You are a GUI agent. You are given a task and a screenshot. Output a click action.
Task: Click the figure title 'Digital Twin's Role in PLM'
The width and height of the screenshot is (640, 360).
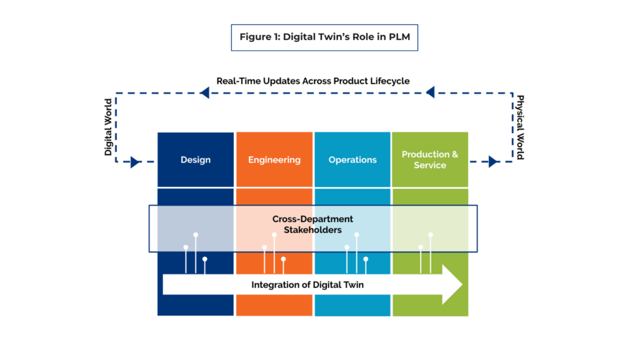pyautogui.click(x=324, y=37)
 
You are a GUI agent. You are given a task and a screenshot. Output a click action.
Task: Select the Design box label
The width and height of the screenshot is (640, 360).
pyautogui.click(x=196, y=160)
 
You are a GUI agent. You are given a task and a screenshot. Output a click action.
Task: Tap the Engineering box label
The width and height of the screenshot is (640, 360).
pyautogui.click(x=274, y=160)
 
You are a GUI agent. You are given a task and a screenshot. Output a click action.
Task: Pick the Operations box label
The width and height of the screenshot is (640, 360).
pyautogui.click(x=352, y=160)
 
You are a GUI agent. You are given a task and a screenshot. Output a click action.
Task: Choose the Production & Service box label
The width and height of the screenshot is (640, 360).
pyautogui.click(x=430, y=159)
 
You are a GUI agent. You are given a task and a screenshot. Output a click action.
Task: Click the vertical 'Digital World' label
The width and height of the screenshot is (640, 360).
pyautogui.click(x=108, y=127)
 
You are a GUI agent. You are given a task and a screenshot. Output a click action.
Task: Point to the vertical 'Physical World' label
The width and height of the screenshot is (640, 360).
pyautogui.click(x=519, y=127)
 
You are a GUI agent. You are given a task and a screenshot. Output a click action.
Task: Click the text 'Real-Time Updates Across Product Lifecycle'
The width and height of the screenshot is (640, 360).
pyautogui.click(x=313, y=81)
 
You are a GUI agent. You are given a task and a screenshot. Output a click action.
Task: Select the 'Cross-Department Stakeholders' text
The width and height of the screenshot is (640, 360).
pyautogui.click(x=312, y=224)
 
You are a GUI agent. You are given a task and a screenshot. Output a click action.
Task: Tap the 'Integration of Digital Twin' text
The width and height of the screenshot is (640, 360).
pyautogui.click(x=307, y=284)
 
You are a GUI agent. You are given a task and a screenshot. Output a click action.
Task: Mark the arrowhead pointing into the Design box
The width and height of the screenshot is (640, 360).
pyautogui.click(x=135, y=162)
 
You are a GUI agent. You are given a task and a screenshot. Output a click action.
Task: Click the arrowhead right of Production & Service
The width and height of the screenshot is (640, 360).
pyautogui.click(x=492, y=162)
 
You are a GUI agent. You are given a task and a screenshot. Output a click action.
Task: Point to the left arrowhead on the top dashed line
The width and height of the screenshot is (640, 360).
pyautogui.click(x=204, y=93)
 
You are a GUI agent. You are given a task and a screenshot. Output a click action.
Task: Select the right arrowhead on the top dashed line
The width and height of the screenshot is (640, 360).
pyautogui.click(x=430, y=93)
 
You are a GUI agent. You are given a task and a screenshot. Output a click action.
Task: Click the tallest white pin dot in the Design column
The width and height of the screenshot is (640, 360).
pyautogui.click(x=196, y=234)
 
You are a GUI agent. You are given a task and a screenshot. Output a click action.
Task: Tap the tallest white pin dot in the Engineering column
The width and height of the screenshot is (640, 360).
pyautogui.click(x=274, y=234)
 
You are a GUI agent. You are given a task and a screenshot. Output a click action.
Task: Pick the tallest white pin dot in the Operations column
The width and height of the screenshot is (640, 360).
pyautogui.click(x=356, y=234)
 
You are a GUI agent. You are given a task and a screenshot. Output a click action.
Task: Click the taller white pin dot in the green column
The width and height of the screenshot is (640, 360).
pyautogui.click(x=431, y=234)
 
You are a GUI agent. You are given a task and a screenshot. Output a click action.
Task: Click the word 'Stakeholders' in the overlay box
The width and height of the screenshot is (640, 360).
pyautogui.click(x=312, y=230)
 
